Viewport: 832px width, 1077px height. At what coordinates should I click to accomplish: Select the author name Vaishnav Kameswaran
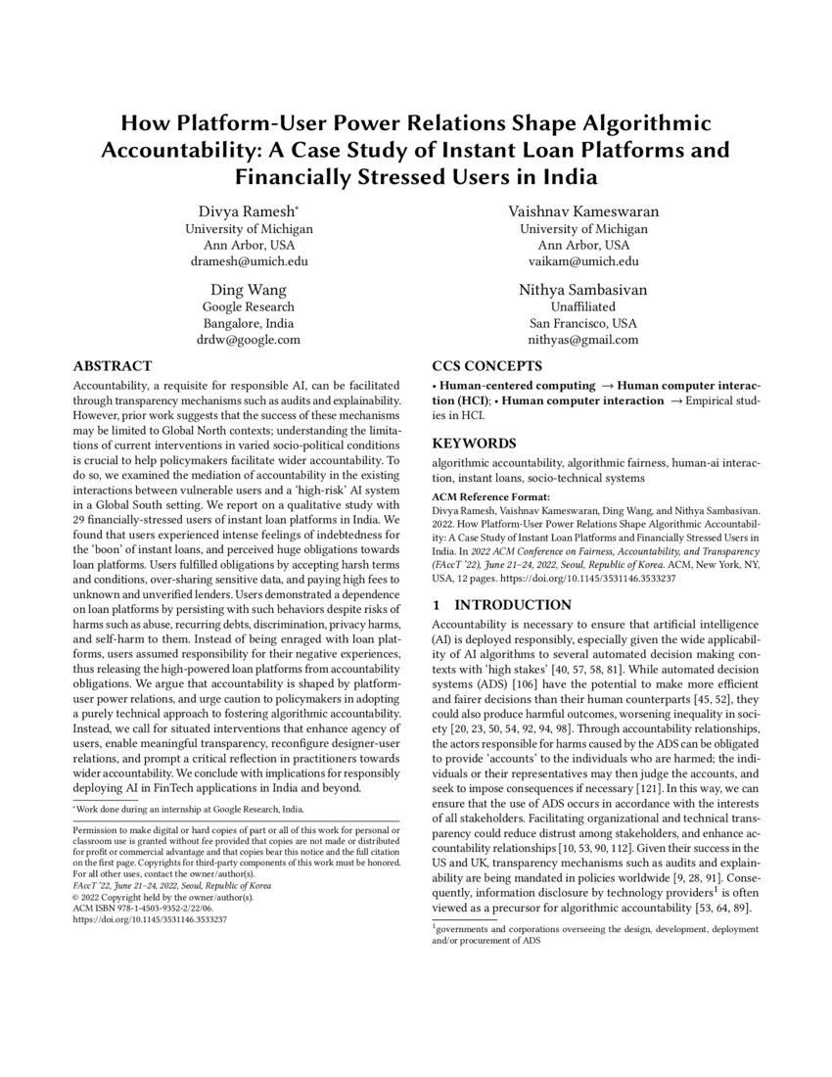(x=582, y=211)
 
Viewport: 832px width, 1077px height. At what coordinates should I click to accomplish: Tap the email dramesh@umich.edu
(x=249, y=262)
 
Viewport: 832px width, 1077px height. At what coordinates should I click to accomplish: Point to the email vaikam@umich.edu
(x=582, y=262)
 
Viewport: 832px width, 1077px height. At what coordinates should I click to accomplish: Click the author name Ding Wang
(x=249, y=290)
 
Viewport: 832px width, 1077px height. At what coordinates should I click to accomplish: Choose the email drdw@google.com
(x=249, y=341)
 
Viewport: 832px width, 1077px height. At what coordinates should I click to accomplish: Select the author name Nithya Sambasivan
(x=582, y=290)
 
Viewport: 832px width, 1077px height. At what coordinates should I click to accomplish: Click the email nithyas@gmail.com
(x=582, y=341)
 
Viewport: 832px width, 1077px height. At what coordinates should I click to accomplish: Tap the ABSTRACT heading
(x=113, y=366)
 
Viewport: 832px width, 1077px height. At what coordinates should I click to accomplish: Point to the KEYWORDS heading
(x=475, y=443)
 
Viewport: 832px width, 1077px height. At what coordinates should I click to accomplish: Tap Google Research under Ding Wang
(x=249, y=306)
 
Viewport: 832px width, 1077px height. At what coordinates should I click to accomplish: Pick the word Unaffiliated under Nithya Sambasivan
(x=582, y=306)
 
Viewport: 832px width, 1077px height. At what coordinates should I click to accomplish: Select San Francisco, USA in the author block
(x=582, y=323)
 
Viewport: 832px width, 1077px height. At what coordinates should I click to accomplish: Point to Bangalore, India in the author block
(x=249, y=323)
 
